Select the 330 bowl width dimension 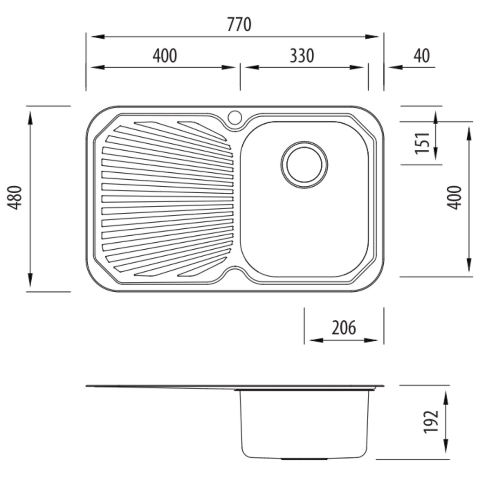click(302, 56)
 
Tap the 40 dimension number click(422, 56)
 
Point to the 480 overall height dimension click(14, 197)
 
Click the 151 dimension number click(422, 143)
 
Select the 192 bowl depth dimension click(431, 422)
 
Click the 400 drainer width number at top click(165, 56)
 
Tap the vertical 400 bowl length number click(454, 197)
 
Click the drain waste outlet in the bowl click(304, 165)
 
